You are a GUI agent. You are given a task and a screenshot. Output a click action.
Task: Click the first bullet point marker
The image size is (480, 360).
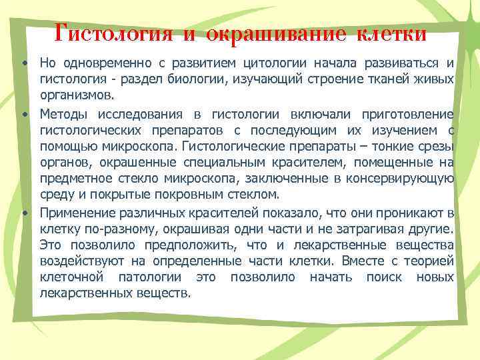24,64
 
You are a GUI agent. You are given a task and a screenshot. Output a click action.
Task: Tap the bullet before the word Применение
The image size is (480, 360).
24,213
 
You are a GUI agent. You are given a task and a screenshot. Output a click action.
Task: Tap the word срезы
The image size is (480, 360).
435,146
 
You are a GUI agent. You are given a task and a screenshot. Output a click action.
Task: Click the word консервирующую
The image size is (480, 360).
405,178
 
